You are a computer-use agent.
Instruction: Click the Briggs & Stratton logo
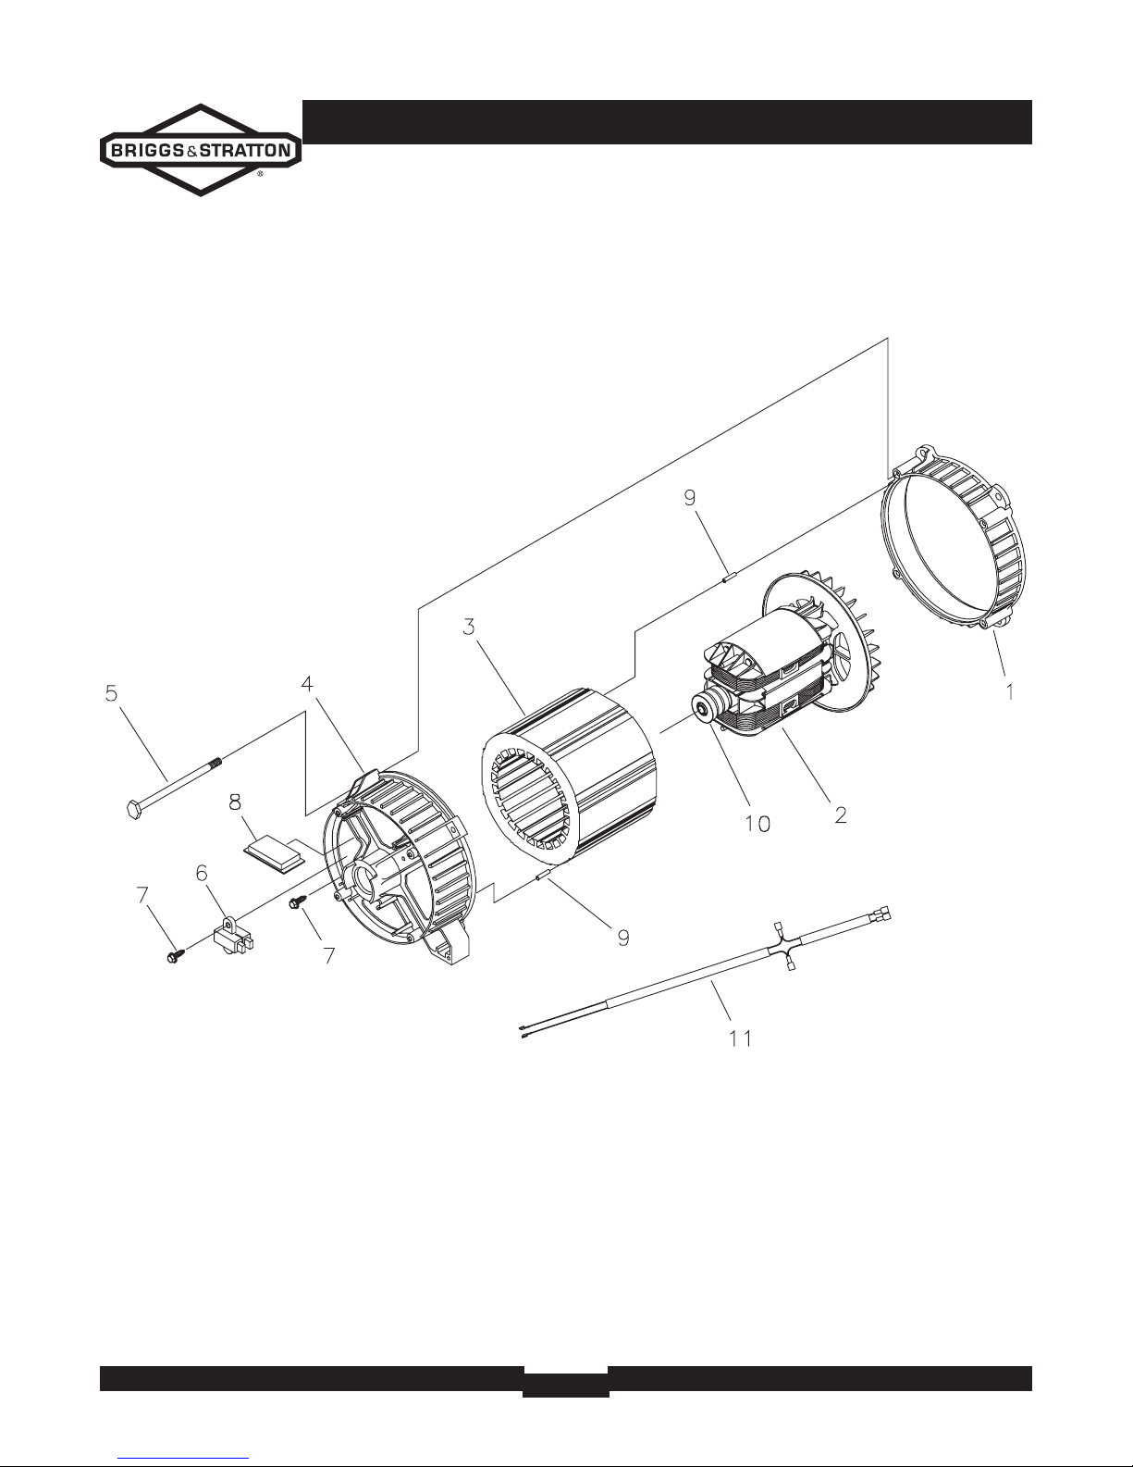click(200, 150)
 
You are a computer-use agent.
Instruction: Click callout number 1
click(1011, 690)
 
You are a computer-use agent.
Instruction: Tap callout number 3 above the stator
click(470, 627)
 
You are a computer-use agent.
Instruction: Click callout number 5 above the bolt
click(111, 692)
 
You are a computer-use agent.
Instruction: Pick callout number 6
click(202, 872)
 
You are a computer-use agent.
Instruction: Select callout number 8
click(236, 798)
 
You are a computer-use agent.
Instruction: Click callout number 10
click(757, 822)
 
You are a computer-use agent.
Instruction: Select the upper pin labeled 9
click(727, 579)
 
